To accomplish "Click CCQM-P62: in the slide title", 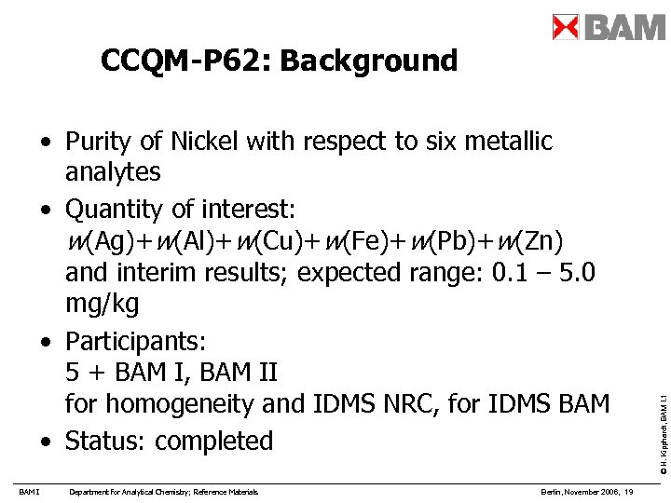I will [x=185, y=61].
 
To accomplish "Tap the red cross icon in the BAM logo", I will [x=566, y=27].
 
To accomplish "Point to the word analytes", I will [x=113, y=172].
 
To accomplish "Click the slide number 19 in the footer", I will [x=630, y=492].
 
